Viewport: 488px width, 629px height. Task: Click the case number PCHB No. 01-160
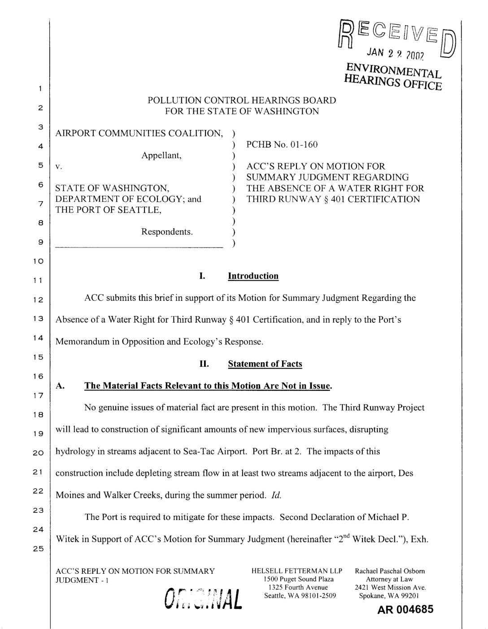tap(282, 144)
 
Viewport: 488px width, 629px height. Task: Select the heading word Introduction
tap(253, 276)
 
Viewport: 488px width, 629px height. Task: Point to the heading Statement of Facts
tap(265, 364)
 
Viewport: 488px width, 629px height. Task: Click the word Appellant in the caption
tap(161, 155)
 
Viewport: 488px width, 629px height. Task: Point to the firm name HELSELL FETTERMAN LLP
tap(296, 571)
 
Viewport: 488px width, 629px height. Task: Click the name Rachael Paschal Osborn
tap(390, 571)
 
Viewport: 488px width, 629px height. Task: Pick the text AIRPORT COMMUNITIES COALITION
tap(139, 133)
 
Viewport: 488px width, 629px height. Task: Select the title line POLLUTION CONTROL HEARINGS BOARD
tap(242, 100)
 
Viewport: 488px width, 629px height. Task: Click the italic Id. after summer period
tap(276, 495)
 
